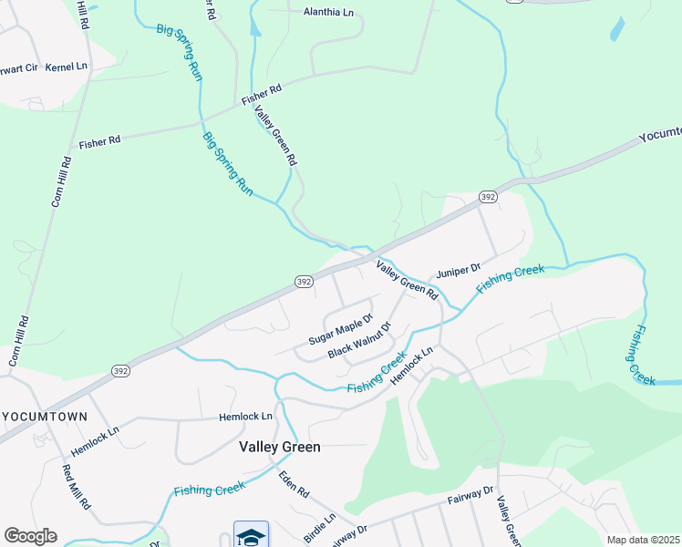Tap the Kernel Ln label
click(x=66, y=67)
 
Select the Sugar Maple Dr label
click(x=340, y=330)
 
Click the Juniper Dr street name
click(x=458, y=271)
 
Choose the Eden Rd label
click(x=294, y=483)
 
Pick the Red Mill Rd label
click(x=76, y=487)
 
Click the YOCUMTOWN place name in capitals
click(x=45, y=417)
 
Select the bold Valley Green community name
click(x=279, y=447)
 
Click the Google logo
click(x=30, y=536)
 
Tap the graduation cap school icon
click(x=251, y=534)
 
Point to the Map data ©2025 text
click(x=643, y=540)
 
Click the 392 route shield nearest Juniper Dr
click(x=488, y=197)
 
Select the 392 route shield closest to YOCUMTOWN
click(x=120, y=371)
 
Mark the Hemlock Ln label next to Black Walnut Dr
click(x=414, y=366)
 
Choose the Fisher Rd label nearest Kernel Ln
click(x=99, y=142)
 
